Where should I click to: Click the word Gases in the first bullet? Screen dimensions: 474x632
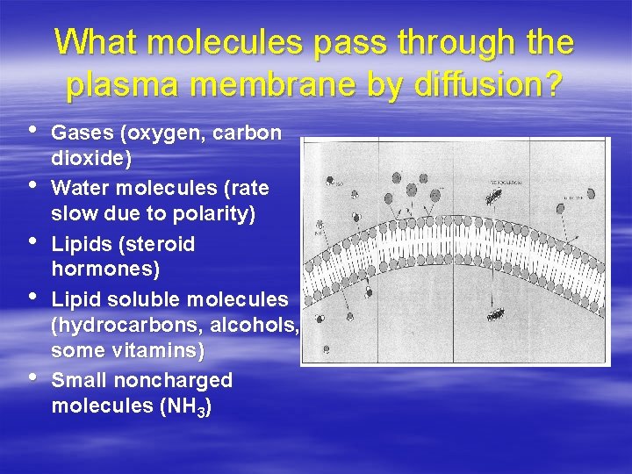point(83,133)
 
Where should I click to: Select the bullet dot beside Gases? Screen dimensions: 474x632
point(33,132)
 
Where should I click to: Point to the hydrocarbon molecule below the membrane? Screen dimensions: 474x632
point(496,312)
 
